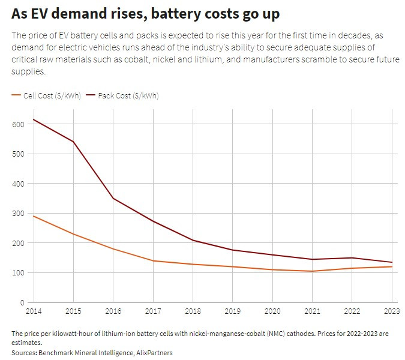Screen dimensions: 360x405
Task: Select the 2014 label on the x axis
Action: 34,311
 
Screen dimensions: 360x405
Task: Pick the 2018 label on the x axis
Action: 193,311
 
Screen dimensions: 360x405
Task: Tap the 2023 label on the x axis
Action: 391,311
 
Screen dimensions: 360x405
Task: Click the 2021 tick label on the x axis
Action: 312,311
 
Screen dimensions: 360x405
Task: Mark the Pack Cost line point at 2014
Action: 34,119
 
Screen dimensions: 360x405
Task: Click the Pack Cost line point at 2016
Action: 113,198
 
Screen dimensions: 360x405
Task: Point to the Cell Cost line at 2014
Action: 34,216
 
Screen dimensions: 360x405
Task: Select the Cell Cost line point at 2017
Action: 153,260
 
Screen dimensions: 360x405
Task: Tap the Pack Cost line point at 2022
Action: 352,258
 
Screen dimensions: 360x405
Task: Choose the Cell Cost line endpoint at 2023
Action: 391,266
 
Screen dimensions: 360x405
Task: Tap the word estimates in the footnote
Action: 27,343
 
